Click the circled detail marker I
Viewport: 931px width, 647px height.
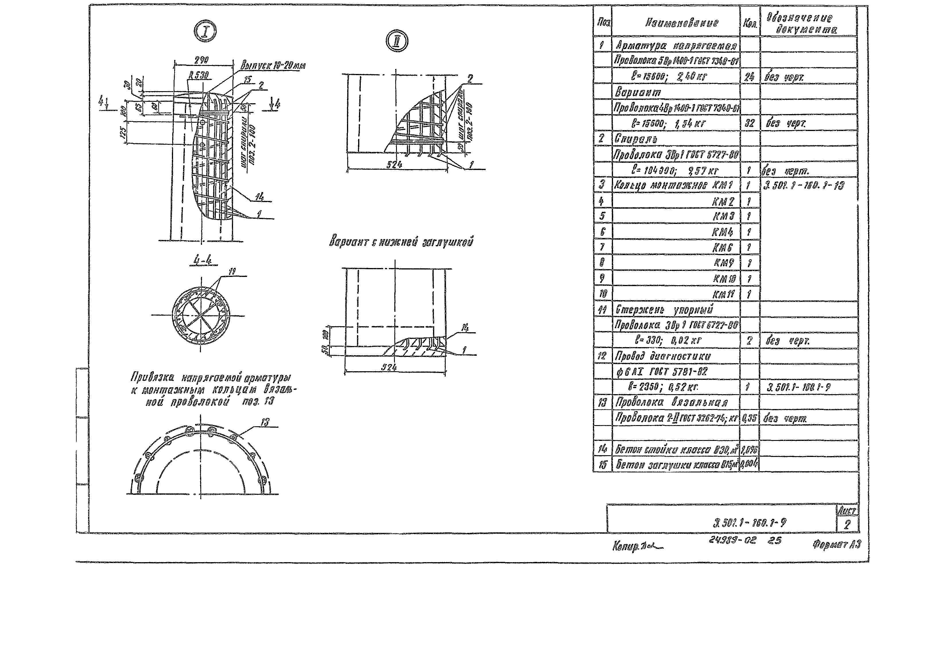point(205,32)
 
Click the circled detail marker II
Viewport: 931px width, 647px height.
point(397,41)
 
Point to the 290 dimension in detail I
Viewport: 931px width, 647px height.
point(201,60)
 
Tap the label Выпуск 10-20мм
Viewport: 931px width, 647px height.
point(273,66)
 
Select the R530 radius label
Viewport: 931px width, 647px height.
point(199,75)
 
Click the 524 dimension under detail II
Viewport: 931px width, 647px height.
point(394,165)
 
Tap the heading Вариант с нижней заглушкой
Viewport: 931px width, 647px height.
point(401,242)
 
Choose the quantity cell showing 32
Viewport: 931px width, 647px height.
point(749,123)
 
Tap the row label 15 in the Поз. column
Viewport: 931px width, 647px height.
point(602,465)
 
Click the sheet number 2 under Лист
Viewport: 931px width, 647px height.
point(847,525)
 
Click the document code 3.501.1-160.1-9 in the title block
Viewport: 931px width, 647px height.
point(749,523)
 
